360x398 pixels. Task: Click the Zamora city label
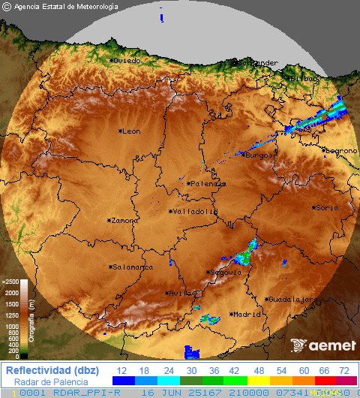(124, 221)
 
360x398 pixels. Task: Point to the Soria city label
(328, 208)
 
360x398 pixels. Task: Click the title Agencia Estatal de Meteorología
(66, 7)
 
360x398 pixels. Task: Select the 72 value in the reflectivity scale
(343, 371)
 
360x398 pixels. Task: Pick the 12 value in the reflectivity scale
(121, 371)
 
